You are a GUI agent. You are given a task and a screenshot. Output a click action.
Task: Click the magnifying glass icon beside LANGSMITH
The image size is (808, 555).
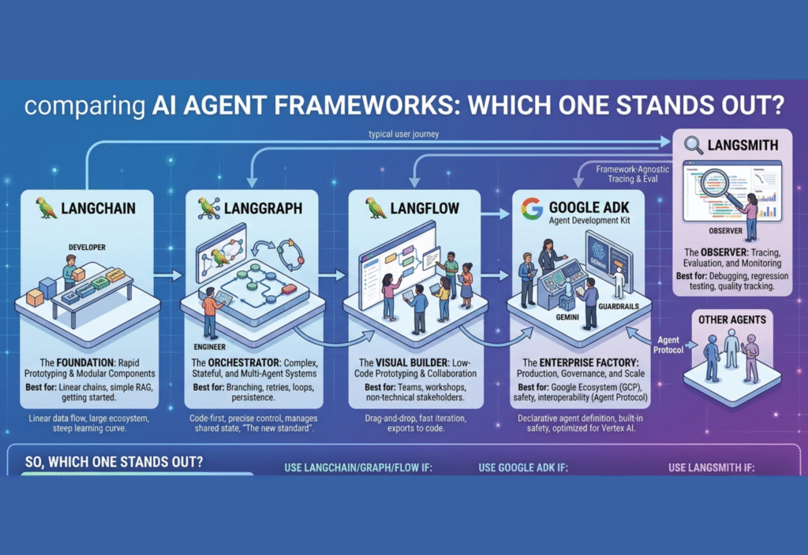pyautogui.click(x=694, y=145)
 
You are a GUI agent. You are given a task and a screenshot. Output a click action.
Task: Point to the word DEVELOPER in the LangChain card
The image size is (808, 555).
pyautogui.click(x=87, y=248)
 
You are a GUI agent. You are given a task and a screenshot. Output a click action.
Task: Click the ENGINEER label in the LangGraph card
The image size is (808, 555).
pyautogui.click(x=210, y=347)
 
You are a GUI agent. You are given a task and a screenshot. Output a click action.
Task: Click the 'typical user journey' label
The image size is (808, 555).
pyautogui.click(x=404, y=134)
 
